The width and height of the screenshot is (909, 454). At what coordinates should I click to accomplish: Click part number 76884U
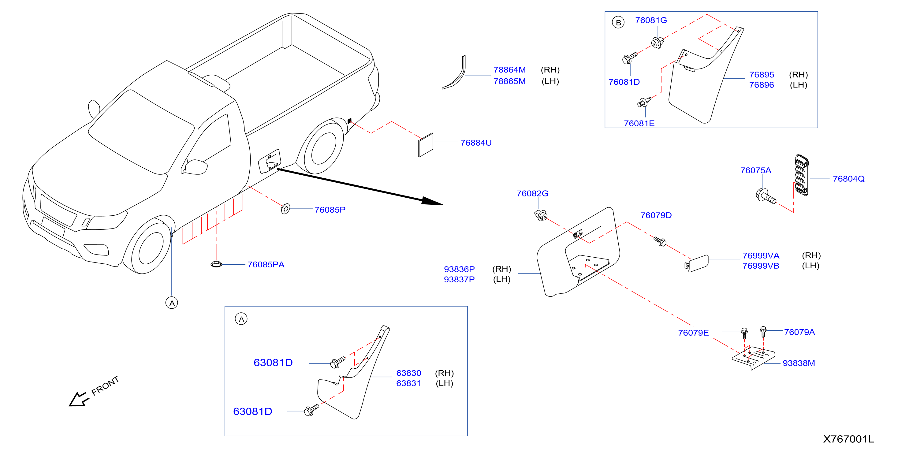(476, 143)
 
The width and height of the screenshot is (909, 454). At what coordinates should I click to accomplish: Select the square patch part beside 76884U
(426, 145)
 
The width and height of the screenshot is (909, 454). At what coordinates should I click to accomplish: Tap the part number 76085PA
(266, 265)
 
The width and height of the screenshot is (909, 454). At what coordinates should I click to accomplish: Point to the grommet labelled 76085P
(285, 209)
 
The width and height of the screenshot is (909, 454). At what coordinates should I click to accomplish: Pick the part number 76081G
(651, 20)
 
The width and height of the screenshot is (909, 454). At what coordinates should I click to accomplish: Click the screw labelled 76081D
(630, 58)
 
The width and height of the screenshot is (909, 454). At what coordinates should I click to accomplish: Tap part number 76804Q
(849, 179)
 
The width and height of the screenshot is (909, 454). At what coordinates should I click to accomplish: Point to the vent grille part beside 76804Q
(802, 175)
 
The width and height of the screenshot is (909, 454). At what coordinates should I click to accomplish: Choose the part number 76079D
(656, 216)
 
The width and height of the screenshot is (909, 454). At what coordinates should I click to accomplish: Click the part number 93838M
(799, 363)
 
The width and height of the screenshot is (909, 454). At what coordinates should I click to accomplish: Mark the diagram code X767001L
(849, 439)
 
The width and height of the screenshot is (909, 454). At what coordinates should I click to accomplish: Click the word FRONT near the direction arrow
(105, 385)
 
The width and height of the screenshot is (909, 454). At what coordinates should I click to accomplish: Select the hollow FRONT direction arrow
(79, 399)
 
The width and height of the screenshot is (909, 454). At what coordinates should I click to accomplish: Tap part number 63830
(409, 373)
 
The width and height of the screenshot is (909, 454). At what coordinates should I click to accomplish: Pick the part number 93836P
(459, 269)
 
